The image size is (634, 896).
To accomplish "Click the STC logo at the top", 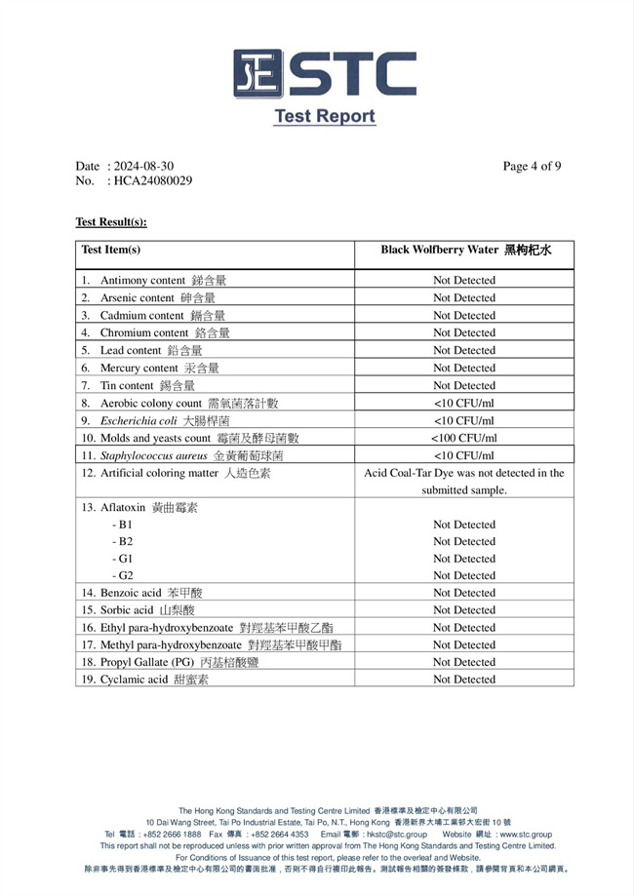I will [x=324, y=73].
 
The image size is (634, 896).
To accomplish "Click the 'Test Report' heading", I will [x=324, y=116].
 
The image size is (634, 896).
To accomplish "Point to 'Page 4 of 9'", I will [x=532, y=166].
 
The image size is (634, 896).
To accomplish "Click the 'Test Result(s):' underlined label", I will [x=111, y=222].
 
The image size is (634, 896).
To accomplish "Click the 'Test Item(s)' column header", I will [x=111, y=250].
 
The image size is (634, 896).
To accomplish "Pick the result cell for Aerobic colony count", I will [x=464, y=403].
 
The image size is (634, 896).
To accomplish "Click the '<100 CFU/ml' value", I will [x=464, y=438].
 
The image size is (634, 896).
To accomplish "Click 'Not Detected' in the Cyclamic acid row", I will [x=464, y=680].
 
